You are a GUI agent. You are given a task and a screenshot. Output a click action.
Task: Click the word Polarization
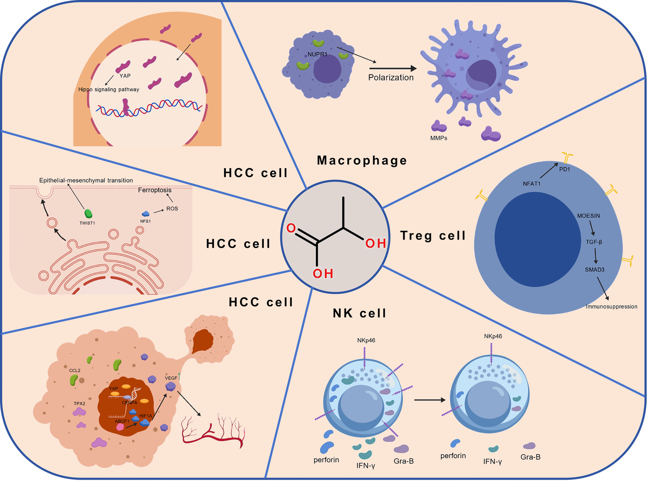click(391, 77)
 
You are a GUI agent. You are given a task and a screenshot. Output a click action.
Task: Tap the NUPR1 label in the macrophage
click(317, 54)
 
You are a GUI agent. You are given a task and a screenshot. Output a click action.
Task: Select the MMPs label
click(439, 138)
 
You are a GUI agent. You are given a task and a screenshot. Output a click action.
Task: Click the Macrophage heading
click(362, 160)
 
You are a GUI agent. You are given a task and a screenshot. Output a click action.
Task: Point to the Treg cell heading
click(433, 235)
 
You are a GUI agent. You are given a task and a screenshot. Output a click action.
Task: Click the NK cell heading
click(360, 313)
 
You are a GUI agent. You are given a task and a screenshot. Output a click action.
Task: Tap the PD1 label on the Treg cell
click(564, 169)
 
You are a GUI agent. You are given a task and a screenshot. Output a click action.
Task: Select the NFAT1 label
click(531, 184)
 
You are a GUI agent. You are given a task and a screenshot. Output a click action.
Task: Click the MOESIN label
click(589, 216)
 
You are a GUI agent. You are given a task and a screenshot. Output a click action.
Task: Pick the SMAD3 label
click(595, 270)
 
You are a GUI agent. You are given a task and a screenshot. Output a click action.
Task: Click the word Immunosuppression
click(611, 307)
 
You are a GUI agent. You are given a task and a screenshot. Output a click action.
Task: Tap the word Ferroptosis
click(155, 190)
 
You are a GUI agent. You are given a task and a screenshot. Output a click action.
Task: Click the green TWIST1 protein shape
click(88, 214)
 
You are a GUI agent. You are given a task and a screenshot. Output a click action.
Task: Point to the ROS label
click(172, 209)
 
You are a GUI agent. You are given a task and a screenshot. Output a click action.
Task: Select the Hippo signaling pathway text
click(109, 89)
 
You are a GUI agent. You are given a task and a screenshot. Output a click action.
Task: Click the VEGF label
click(171, 378)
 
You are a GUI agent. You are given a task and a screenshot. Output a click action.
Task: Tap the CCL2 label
click(75, 370)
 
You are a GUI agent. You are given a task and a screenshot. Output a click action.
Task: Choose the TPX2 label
click(79, 404)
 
